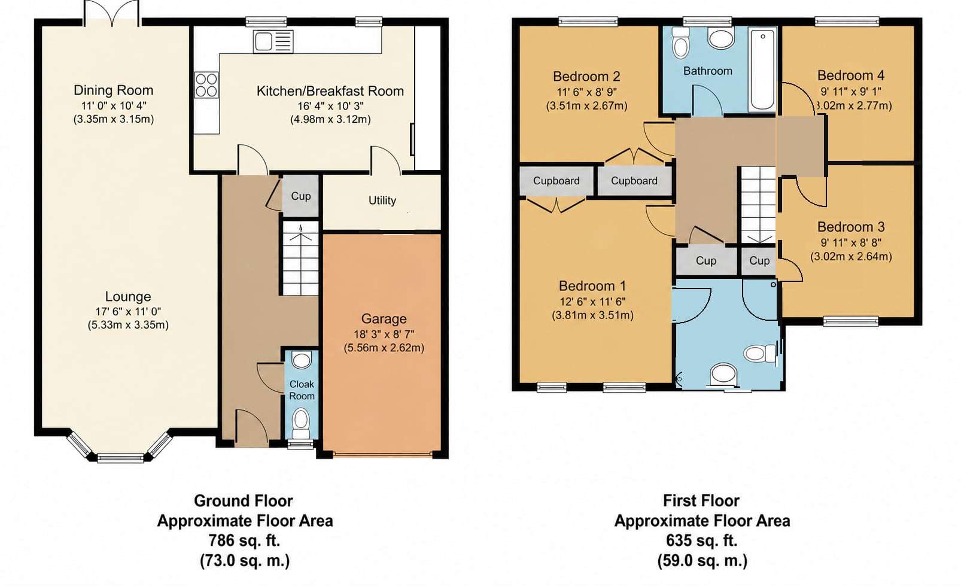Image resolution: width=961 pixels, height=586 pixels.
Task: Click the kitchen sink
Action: (x=273, y=42)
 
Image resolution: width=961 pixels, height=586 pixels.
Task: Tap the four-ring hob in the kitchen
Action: (x=206, y=84)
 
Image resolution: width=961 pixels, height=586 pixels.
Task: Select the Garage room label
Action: (x=384, y=318)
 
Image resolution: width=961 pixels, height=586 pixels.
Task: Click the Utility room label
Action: (x=382, y=201)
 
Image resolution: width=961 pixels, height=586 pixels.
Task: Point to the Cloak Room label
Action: (x=302, y=390)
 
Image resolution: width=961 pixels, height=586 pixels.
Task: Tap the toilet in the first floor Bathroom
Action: (x=681, y=42)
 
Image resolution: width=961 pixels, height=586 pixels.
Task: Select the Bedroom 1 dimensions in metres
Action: (x=592, y=315)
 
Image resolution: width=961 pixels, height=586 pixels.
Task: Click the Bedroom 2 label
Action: (x=586, y=77)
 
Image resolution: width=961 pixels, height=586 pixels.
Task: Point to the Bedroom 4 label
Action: (x=851, y=75)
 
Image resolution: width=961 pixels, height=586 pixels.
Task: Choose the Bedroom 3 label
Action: (x=851, y=227)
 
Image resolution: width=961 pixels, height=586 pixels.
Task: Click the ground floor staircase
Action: (x=300, y=258)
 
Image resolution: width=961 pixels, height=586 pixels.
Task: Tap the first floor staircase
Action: (x=758, y=205)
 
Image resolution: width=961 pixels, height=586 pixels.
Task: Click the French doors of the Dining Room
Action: (x=111, y=14)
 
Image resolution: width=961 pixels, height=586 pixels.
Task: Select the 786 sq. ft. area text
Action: (x=244, y=540)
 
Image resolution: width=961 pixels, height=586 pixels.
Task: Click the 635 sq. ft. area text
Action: (x=702, y=540)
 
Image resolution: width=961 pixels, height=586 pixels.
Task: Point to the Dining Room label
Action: (x=113, y=90)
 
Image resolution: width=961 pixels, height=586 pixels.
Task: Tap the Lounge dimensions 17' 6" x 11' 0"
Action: (x=128, y=312)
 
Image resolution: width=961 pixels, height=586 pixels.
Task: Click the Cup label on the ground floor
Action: (x=300, y=196)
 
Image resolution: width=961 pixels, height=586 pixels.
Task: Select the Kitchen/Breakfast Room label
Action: (x=330, y=91)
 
